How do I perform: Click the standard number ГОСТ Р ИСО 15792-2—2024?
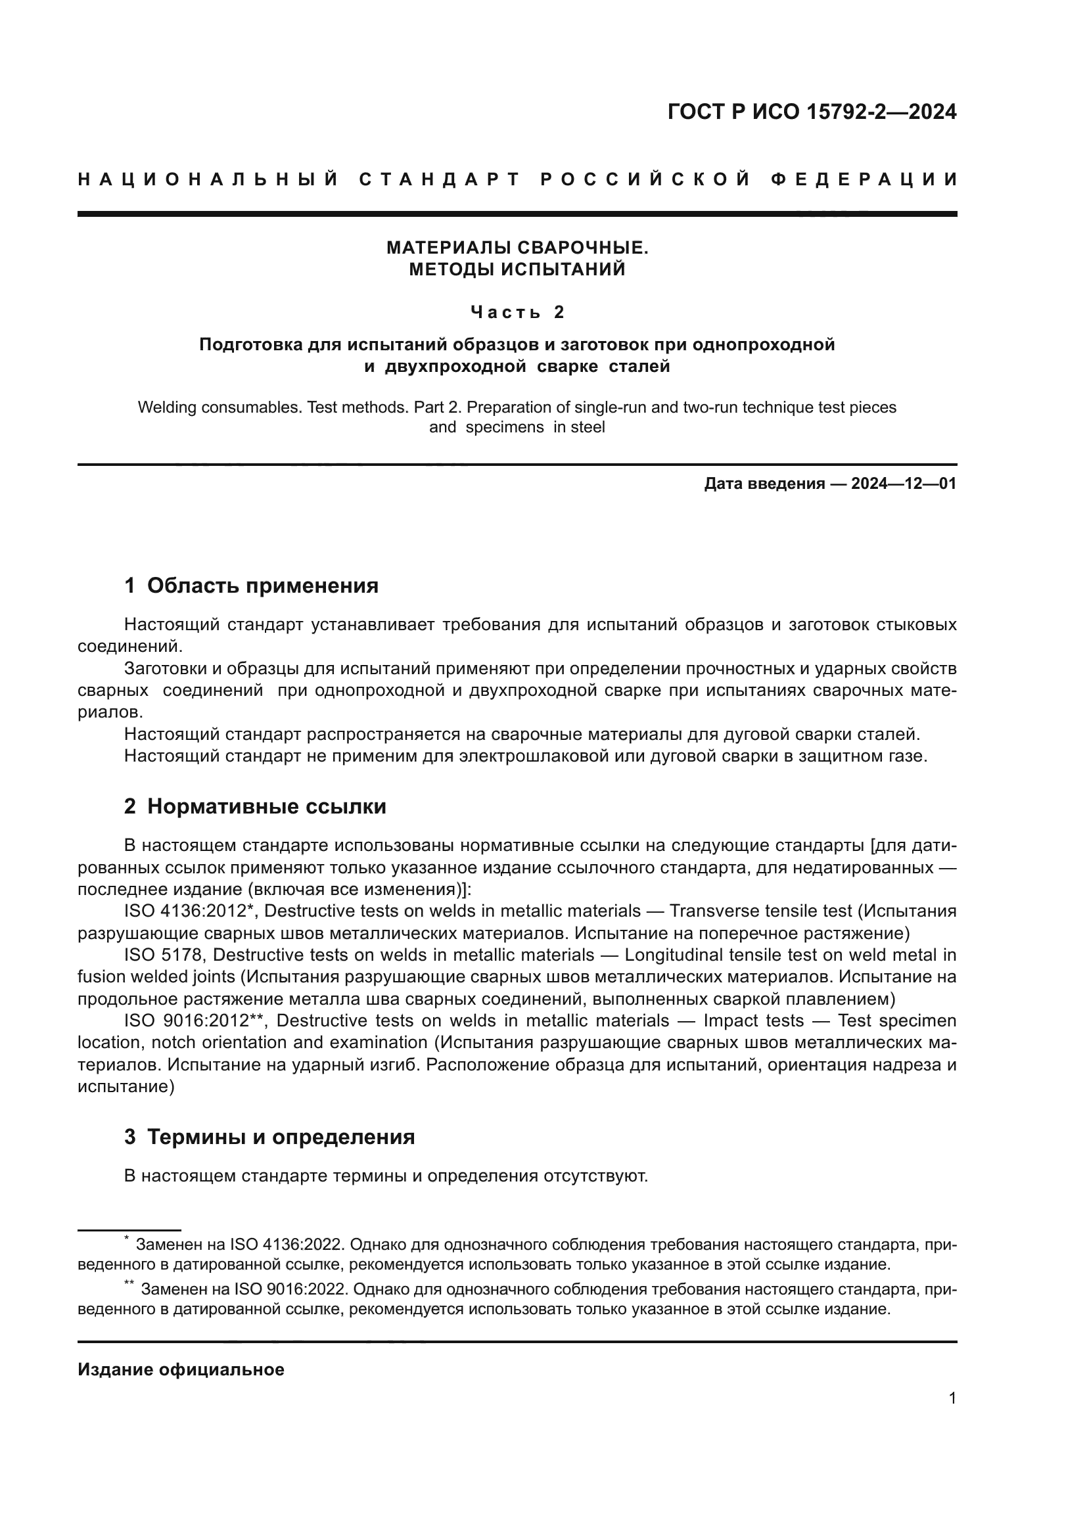click(811, 112)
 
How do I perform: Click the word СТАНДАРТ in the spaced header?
click(439, 179)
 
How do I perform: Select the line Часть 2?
click(517, 312)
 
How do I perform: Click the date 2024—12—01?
click(903, 484)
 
